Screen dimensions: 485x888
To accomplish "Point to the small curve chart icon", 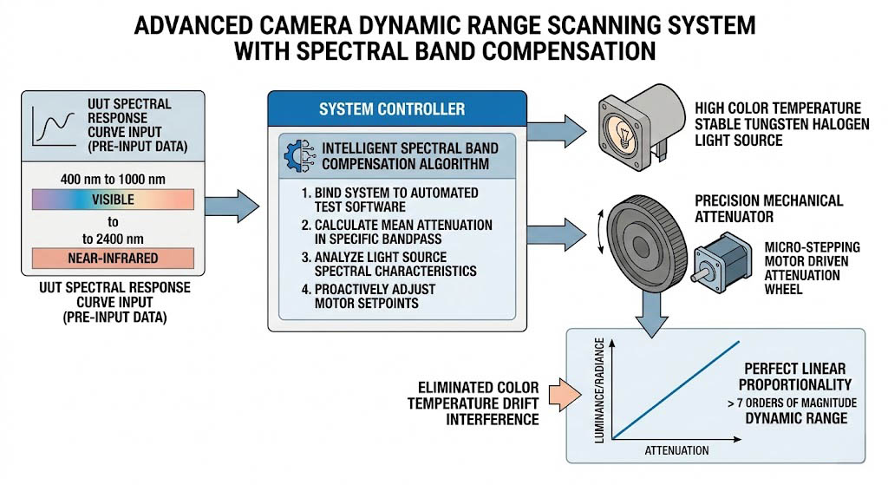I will tap(51, 124).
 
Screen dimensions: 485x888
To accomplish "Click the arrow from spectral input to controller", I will tap(235, 206).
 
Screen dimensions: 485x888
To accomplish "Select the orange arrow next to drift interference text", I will tap(551, 394).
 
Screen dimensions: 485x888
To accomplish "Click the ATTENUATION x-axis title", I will tap(676, 450).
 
